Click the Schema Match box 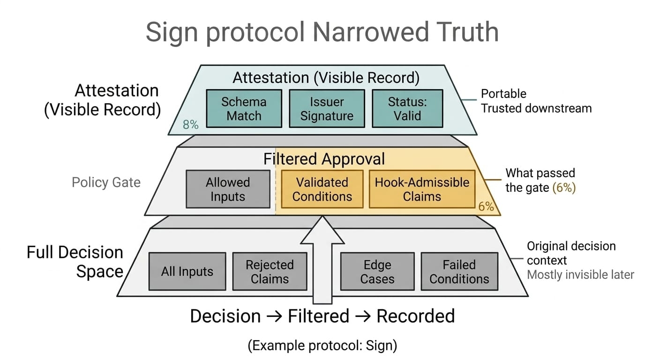click(244, 109)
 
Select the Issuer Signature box click(327, 109)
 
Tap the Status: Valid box click(407, 109)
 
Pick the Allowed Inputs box click(228, 189)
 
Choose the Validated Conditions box click(322, 189)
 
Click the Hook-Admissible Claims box click(422, 189)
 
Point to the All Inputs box click(187, 271)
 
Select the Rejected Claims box click(270, 271)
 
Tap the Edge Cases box click(377, 271)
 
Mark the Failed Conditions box click(459, 271)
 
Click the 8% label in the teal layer click(191, 125)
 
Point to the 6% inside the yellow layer click(486, 207)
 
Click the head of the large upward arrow click(322, 231)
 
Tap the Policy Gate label click(106, 182)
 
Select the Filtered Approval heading click(324, 159)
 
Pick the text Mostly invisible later click(580, 275)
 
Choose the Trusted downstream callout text click(536, 109)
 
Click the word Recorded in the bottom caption click(416, 316)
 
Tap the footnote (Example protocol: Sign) click(322, 345)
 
